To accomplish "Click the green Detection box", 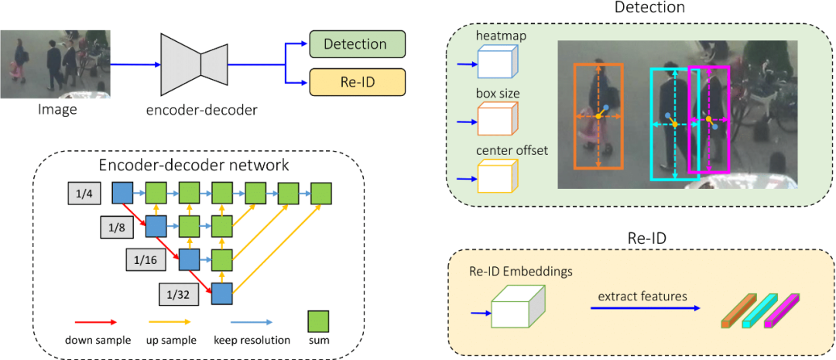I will [x=357, y=44].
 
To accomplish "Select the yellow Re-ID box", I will [x=357, y=82].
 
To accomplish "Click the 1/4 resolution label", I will [x=84, y=194].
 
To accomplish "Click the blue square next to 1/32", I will [x=223, y=293].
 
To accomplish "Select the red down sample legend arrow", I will [x=96, y=321].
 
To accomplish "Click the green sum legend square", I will [x=319, y=321].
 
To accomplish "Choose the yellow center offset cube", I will [x=497, y=176].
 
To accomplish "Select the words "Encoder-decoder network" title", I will [x=194, y=165].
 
